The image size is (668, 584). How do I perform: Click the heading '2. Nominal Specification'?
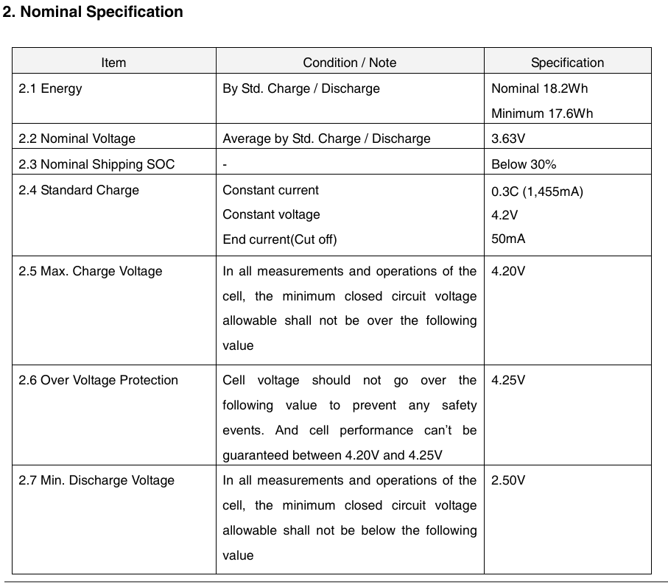pyautogui.click(x=93, y=13)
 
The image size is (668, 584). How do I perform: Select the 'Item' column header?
pyautogui.click(x=113, y=63)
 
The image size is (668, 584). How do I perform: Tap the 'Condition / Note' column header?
pyautogui.click(x=350, y=63)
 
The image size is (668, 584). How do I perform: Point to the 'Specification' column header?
pyautogui.click(x=567, y=63)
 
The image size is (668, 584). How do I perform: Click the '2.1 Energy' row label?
pyautogui.click(x=51, y=88)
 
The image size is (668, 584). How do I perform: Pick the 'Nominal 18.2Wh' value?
pyautogui.click(x=540, y=88)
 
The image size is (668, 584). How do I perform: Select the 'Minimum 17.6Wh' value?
pyautogui.click(x=542, y=113)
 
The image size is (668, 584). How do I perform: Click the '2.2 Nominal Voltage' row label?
pyautogui.click(x=77, y=138)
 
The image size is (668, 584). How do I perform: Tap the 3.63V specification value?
pyautogui.click(x=508, y=138)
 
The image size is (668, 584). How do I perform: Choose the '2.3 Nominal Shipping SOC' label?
pyautogui.click(x=97, y=164)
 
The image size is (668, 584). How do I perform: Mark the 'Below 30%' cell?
pyautogui.click(x=524, y=164)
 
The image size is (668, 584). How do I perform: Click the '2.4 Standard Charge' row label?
pyautogui.click(x=79, y=190)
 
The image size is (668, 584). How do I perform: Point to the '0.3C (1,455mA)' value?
pyautogui.click(x=537, y=191)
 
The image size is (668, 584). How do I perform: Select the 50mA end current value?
pyautogui.click(x=508, y=239)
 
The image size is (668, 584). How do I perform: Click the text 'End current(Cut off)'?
pyautogui.click(x=280, y=239)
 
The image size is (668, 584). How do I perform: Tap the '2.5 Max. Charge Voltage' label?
pyautogui.click(x=91, y=271)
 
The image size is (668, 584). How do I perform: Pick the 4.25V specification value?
pyautogui.click(x=508, y=380)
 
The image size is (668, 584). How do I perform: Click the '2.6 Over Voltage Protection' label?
pyautogui.click(x=99, y=380)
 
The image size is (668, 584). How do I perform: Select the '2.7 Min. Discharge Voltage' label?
pyautogui.click(x=97, y=480)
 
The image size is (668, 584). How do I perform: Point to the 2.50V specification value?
pyautogui.click(x=508, y=480)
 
